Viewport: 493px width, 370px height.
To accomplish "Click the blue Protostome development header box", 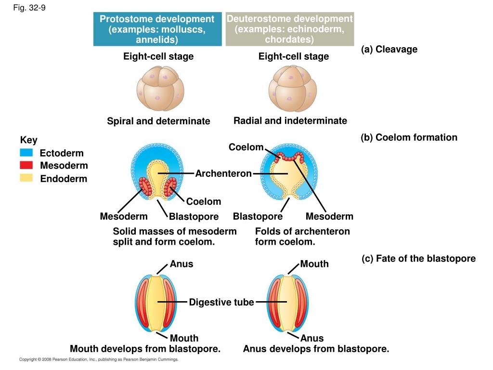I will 157,29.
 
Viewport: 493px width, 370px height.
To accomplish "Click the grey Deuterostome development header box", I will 290,29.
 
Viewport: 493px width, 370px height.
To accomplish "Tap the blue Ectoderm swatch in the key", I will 26,153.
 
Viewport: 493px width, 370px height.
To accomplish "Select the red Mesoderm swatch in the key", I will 26,165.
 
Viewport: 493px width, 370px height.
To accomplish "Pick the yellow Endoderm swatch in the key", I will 26,178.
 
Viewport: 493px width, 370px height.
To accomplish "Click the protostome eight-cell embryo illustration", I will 159,89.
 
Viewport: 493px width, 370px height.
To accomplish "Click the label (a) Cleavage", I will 389,49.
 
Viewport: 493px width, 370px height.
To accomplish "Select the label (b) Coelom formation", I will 409,137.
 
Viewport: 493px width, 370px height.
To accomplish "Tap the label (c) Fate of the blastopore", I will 418,259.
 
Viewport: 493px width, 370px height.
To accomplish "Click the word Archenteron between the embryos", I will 223,173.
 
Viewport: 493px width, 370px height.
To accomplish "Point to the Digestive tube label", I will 221,302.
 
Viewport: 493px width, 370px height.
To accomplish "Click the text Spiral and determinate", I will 158,121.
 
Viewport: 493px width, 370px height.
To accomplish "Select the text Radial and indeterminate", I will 290,120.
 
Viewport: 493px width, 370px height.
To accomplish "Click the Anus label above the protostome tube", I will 182,264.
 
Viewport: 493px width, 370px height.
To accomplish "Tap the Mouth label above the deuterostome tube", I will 314,264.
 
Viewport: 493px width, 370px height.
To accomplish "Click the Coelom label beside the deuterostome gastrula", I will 246,147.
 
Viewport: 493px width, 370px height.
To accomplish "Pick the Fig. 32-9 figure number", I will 29,8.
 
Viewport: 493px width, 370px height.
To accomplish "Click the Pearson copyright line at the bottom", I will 99,359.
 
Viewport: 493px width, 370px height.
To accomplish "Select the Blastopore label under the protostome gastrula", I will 194,217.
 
